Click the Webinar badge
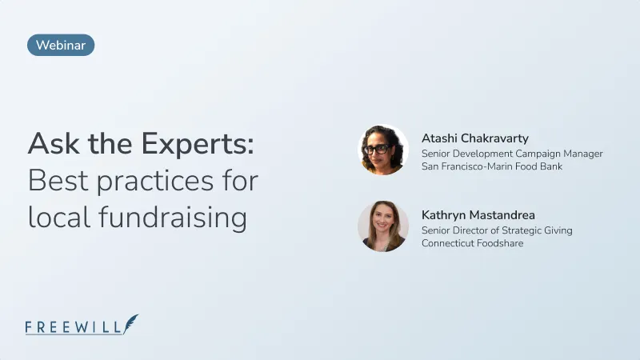point(61,46)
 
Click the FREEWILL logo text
point(74,326)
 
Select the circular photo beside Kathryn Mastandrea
point(383,226)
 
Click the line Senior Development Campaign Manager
point(512,153)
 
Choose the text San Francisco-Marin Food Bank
point(492,166)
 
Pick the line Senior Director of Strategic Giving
point(497,230)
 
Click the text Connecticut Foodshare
point(472,243)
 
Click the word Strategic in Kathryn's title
point(524,230)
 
